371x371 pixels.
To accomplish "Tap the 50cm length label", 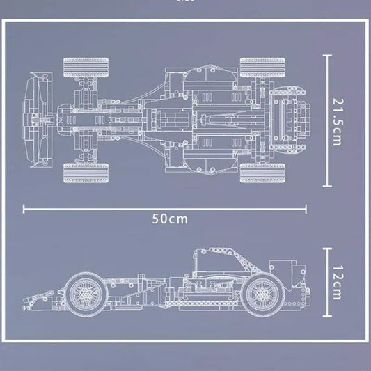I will click(x=170, y=219).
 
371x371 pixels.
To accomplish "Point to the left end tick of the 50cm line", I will click(x=24, y=207).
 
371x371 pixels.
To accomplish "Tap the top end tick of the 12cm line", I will click(x=326, y=247).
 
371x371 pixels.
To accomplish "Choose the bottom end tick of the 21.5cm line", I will click(x=326, y=187).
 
